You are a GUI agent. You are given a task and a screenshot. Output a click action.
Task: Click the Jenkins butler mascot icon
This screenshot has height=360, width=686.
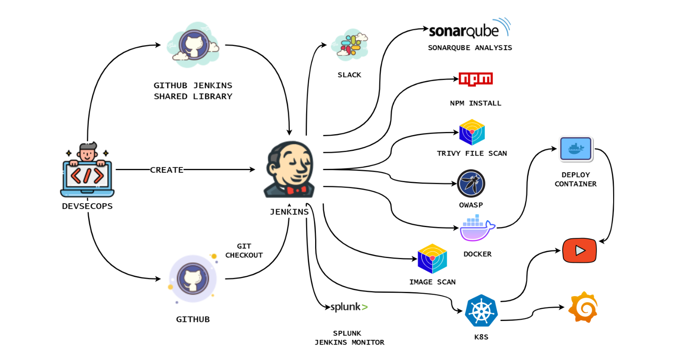290,170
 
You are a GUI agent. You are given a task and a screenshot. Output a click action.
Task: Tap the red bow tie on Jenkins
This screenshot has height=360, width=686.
297,190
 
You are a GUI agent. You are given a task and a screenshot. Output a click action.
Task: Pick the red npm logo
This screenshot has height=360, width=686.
475,79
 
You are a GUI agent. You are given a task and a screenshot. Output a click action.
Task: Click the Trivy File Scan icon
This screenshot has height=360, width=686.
472,132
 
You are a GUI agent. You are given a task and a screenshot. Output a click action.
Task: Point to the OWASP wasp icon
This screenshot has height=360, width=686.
471,183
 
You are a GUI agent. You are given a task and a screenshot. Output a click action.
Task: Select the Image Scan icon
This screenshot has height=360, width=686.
432,259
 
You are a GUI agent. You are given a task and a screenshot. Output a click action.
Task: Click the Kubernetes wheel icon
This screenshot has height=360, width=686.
481,311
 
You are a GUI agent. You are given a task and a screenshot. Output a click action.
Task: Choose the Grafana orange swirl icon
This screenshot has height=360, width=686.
583,307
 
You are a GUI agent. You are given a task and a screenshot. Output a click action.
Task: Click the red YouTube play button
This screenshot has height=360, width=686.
579,250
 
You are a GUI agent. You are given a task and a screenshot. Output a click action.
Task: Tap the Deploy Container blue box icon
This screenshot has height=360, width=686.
576,149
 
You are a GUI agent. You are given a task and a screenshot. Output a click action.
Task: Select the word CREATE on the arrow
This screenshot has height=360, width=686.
167,170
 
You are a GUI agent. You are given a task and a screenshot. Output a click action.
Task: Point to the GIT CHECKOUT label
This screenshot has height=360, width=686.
244,251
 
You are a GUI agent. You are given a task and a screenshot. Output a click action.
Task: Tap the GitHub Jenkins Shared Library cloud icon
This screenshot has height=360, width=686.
193,45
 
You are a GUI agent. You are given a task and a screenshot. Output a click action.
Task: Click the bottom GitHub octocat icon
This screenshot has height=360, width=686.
193,279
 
